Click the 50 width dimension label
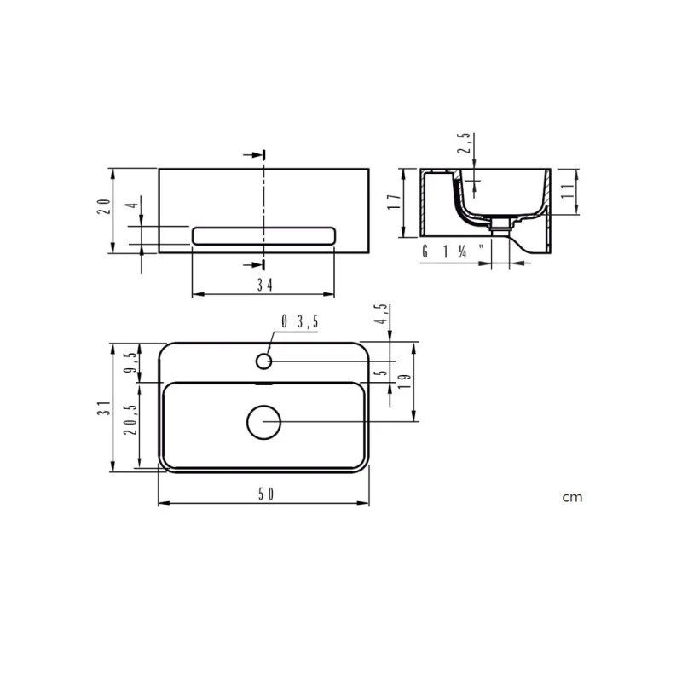(263, 495)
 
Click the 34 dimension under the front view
(263, 286)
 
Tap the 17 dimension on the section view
(393, 202)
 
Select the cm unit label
(572, 497)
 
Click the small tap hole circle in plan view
(263, 361)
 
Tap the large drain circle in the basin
(263, 422)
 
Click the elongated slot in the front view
(263, 235)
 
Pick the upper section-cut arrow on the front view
(255, 155)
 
